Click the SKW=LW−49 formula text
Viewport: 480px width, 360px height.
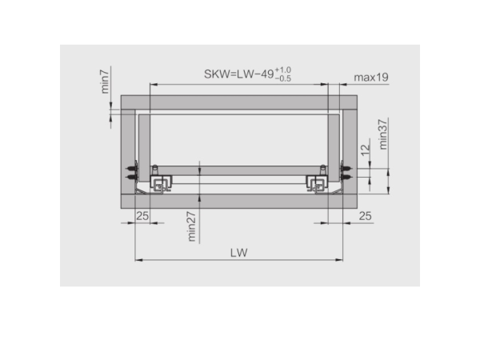[238, 74]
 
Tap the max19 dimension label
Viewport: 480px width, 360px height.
[371, 78]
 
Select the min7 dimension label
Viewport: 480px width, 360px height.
[105, 82]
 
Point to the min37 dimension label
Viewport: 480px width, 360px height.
[383, 134]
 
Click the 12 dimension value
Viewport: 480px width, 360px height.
[366, 150]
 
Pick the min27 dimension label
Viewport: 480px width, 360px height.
[191, 226]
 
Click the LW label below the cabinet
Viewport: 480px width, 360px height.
[238, 253]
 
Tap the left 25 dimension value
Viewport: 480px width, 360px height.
[142, 216]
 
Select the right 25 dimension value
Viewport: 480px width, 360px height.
[366, 216]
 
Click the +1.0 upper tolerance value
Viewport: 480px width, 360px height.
[283, 70]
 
